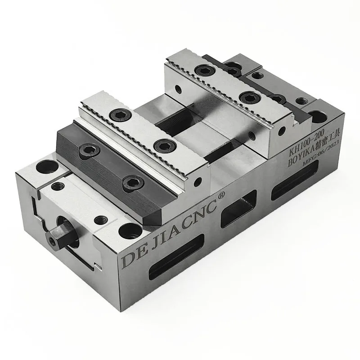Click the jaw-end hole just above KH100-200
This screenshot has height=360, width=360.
coord(282,131)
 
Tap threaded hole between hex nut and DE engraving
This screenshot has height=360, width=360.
coord(100,220)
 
